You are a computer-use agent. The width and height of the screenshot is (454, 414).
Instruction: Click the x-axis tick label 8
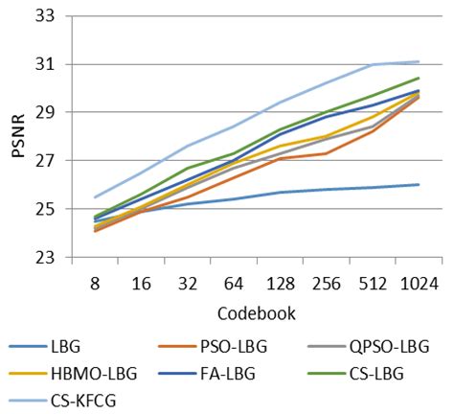coord(97,283)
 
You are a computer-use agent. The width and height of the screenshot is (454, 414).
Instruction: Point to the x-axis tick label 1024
coord(419,283)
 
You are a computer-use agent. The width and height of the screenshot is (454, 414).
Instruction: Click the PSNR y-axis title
coord(17,137)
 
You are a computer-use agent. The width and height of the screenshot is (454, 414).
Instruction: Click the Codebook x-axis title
coord(257,311)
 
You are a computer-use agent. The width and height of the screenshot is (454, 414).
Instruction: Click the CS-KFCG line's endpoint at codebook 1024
coord(419,61)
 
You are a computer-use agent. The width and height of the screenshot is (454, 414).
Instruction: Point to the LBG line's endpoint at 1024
coord(419,184)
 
